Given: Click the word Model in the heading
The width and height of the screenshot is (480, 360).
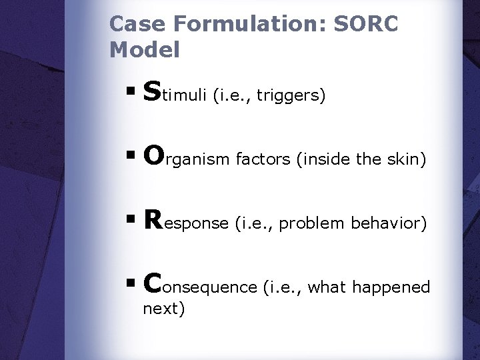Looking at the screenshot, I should (145, 49).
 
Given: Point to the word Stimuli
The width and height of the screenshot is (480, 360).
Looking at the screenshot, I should (176, 94).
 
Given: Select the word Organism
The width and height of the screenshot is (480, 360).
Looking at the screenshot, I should (185, 158).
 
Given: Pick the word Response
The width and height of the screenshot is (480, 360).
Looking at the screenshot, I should (186, 222).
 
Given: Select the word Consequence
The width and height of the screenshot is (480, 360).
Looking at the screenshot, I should (200, 285).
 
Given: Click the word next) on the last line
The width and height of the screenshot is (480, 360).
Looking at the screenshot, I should (164, 309).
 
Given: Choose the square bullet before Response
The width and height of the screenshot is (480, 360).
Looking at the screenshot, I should (133, 222).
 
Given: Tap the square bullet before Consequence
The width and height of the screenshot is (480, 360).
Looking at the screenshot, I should (133, 285).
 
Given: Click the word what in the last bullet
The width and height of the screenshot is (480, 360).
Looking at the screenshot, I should (328, 287).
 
